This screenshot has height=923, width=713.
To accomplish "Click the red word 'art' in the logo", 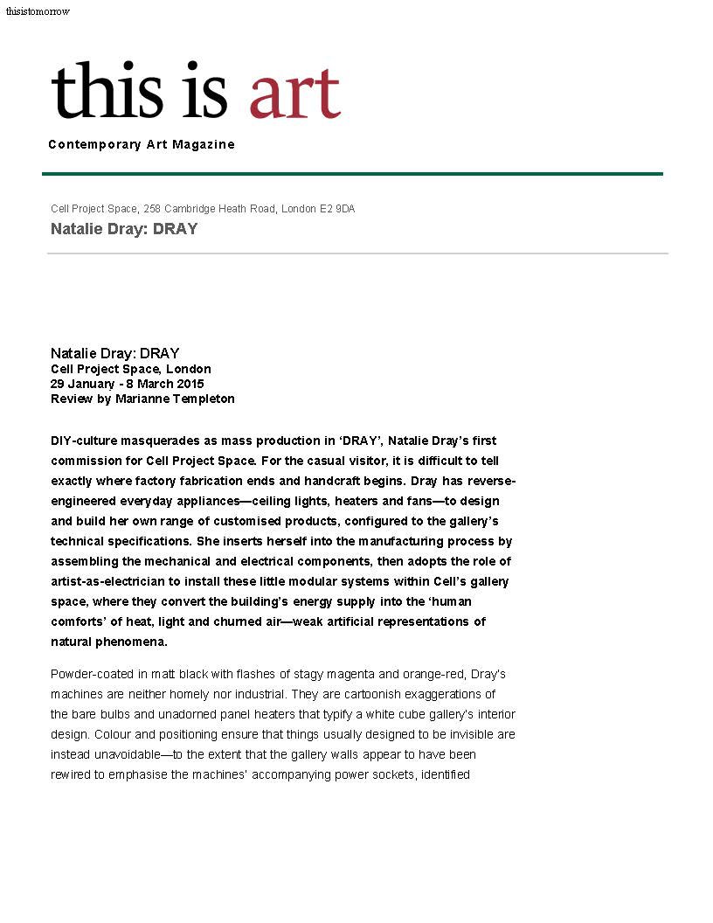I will [x=294, y=92].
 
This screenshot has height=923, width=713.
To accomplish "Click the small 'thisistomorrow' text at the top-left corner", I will [x=38, y=11].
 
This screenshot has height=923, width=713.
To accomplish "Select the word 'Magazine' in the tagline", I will [x=204, y=144].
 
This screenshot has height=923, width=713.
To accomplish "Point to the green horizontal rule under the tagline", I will [x=352, y=174].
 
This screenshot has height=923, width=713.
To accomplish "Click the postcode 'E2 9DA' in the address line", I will [x=336, y=209].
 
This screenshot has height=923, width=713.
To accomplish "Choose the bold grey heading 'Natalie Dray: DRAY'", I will [x=124, y=229].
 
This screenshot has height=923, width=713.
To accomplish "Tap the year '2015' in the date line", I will [x=190, y=384].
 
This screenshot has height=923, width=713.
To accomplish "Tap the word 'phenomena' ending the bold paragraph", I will [x=109, y=642].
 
